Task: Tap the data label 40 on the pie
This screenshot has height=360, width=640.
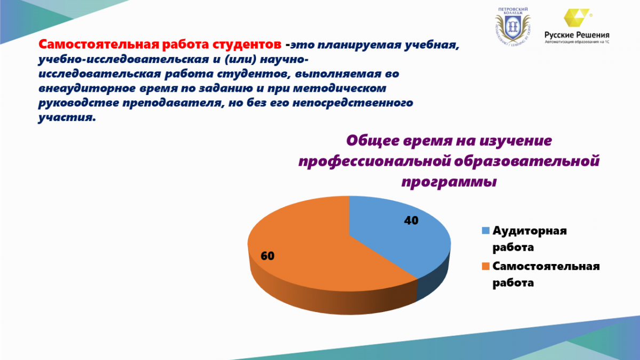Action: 411,220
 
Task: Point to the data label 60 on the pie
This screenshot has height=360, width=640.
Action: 267,255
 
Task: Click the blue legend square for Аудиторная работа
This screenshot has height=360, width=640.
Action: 486,230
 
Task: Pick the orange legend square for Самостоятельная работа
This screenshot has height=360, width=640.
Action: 486,266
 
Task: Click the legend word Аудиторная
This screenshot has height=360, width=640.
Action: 530,230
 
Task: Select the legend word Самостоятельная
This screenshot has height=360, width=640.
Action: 546,266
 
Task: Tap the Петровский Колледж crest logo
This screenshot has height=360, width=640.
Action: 513,27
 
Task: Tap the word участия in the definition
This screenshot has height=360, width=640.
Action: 67,117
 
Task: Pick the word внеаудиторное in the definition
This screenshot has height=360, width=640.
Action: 87,89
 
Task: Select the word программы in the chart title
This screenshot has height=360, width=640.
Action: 449,182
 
